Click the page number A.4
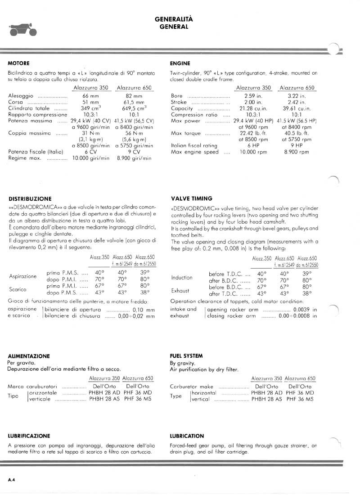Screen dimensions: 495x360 pyautogui.click(x=12, y=480)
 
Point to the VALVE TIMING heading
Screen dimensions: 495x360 pyautogui.click(x=192, y=198)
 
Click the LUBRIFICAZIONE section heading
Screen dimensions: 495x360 pyautogui.click(x=29, y=436)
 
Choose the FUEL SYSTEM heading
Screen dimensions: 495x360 pyautogui.click(x=186, y=355)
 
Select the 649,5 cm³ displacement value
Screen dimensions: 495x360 pyautogui.click(x=134, y=108)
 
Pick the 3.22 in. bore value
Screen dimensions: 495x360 pyautogui.click(x=297, y=96)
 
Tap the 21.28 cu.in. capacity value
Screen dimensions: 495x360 pyautogui.click(x=253, y=108)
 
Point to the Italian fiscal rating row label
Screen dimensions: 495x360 pyautogui.click(x=194, y=146)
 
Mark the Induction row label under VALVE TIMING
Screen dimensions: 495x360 pyautogui.click(x=182, y=277)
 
